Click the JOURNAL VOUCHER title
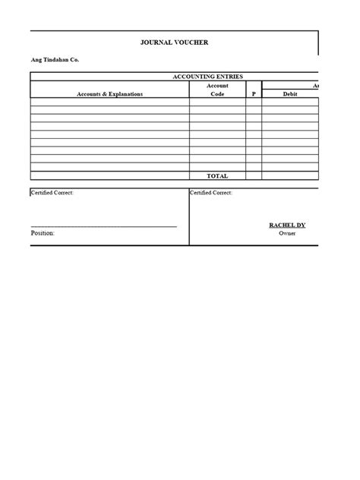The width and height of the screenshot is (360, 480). [174, 43]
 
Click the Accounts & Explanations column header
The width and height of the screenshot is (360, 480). [109, 94]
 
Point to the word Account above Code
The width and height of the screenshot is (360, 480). [217, 86]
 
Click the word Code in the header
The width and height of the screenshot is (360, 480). [217, 94]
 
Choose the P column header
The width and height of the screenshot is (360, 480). [254, 94]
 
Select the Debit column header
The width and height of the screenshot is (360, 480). [290, 94]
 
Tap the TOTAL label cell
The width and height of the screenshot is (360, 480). [217, 175]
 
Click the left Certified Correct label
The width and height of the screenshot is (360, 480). [52, 193]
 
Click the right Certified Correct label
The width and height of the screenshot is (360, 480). [211, 193]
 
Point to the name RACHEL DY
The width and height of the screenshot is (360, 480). [287, 226]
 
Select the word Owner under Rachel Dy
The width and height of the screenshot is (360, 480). [287, 234]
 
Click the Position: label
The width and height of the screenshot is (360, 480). [43, 233]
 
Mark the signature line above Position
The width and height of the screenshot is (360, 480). [104, 226]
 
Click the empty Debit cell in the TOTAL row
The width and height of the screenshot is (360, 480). [290, 175]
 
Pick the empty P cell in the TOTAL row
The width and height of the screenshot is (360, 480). [254, 175]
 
